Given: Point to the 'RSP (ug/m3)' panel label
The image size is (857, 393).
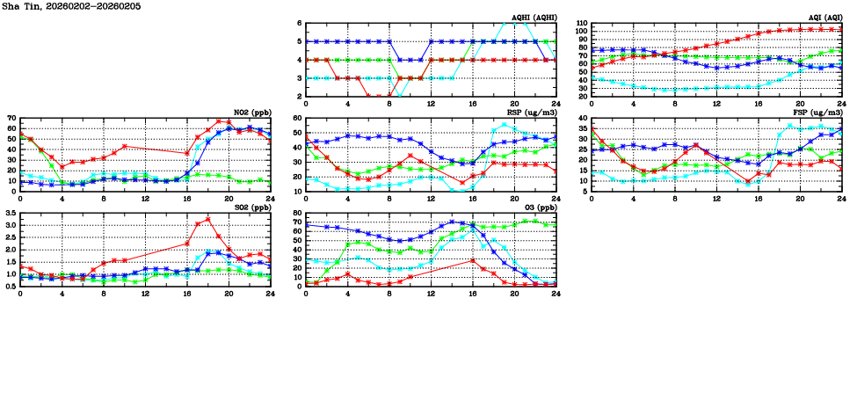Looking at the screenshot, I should [532, 113].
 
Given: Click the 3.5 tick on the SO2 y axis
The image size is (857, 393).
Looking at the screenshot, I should [10, 214].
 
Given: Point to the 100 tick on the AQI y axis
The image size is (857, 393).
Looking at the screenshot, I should [580, 32].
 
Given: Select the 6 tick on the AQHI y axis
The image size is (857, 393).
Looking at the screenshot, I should [300, 23].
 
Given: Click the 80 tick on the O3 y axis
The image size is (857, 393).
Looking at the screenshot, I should [297, 214].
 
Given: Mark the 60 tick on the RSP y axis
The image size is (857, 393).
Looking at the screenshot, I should [297, 118].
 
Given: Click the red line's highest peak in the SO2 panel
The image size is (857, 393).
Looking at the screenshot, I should [207, 219].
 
